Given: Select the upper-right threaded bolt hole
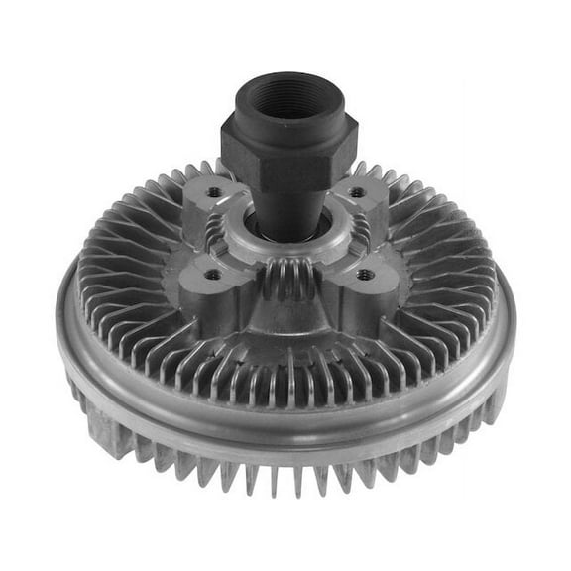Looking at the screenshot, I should (357, 192).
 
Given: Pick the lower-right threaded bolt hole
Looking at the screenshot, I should (365, 274).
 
